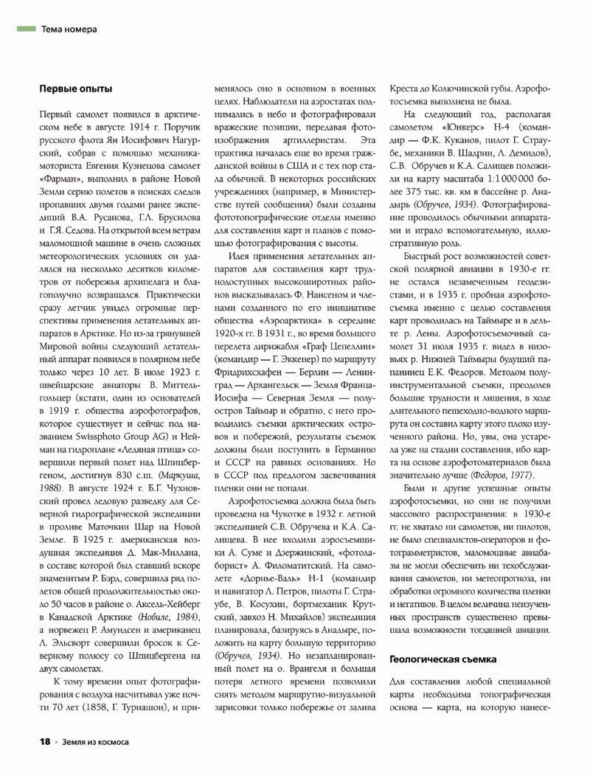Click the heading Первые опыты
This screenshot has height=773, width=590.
click(x=76, y=89)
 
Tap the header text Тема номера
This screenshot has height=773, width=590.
click(x=69, y=30)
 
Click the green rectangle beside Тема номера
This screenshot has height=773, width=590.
click(x=26, y=29)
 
